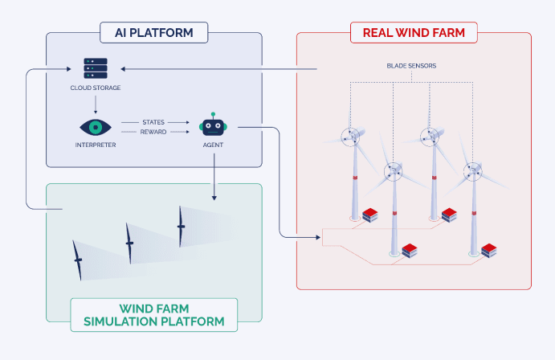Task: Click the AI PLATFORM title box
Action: pyautogui.click(x=154, y=33)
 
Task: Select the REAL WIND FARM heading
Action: pyautogui.click(x=414, y=33)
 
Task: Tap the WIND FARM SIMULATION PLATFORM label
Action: pyautogui.click(x=154, y=316)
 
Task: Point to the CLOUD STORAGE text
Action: pyautogui.click(x=96, y=88)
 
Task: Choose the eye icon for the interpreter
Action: pyautogui.click(x=95, y=127)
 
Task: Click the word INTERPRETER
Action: pyautogui.click(x=95, y=145)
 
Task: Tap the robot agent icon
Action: pyautogui.click(x=213, y=125)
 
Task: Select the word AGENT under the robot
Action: pyautogui.click(x=213, y=145)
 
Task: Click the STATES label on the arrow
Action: pyautogui.click(x=153, y=121)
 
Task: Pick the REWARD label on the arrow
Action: pyautogui.click(x=153, y=132)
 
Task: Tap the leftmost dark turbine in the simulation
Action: pyautogui.click(x=78, y=260)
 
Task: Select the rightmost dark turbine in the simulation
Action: pyautogui.click(x=181, y=226)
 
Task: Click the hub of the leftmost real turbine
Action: pyautogui.click(x=351, y=137)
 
